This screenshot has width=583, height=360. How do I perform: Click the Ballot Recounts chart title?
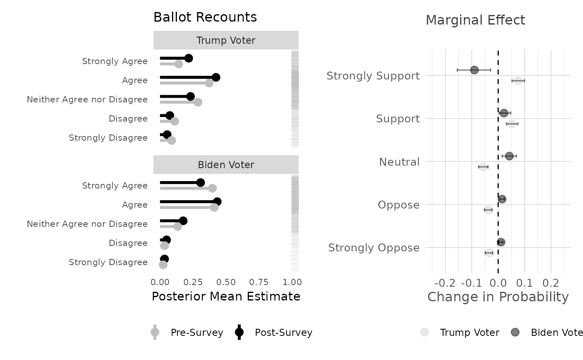(205, 17)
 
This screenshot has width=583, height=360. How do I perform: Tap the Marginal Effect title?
(475, 20)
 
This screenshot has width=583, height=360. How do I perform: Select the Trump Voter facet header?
(226, 40)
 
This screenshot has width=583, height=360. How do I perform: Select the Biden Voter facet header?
(226, 165)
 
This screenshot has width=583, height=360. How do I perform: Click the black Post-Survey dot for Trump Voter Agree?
(216, 77)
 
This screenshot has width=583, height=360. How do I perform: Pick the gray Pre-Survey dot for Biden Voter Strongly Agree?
(212, 188)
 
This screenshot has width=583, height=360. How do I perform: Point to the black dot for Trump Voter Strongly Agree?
(189, 58)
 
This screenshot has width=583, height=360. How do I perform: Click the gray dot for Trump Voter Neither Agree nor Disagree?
(198, 102)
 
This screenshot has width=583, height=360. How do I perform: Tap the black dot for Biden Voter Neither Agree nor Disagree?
(183, 221)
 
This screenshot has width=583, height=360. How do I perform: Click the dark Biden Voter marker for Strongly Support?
(474, 70)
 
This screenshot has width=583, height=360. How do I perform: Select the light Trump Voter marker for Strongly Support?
(518, 81)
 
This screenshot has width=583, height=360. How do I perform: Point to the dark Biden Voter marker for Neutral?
(509, 156)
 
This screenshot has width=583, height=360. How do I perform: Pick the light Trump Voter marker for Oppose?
(488, 210)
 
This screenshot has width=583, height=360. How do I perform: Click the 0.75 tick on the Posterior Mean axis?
(259, 282)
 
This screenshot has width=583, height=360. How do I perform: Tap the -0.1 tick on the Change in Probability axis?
(471, 283)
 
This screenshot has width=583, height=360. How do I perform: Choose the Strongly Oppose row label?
(374, 248)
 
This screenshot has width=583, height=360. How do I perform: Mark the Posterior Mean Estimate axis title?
(226, 296)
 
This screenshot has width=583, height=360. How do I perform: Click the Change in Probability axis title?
(498, 297)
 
